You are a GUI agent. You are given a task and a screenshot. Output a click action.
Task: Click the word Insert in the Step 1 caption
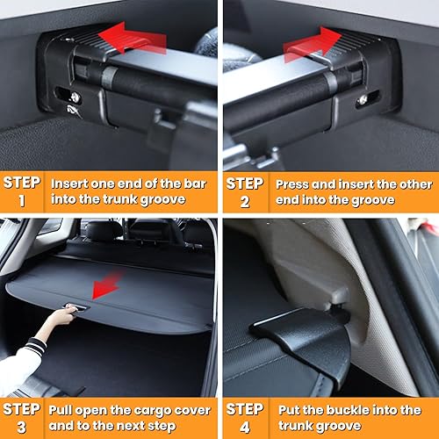tap(70, 185)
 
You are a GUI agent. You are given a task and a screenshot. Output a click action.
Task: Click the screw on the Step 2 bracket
tap(362, 101)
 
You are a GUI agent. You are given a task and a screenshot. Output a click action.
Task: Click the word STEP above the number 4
tap(245, 408)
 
